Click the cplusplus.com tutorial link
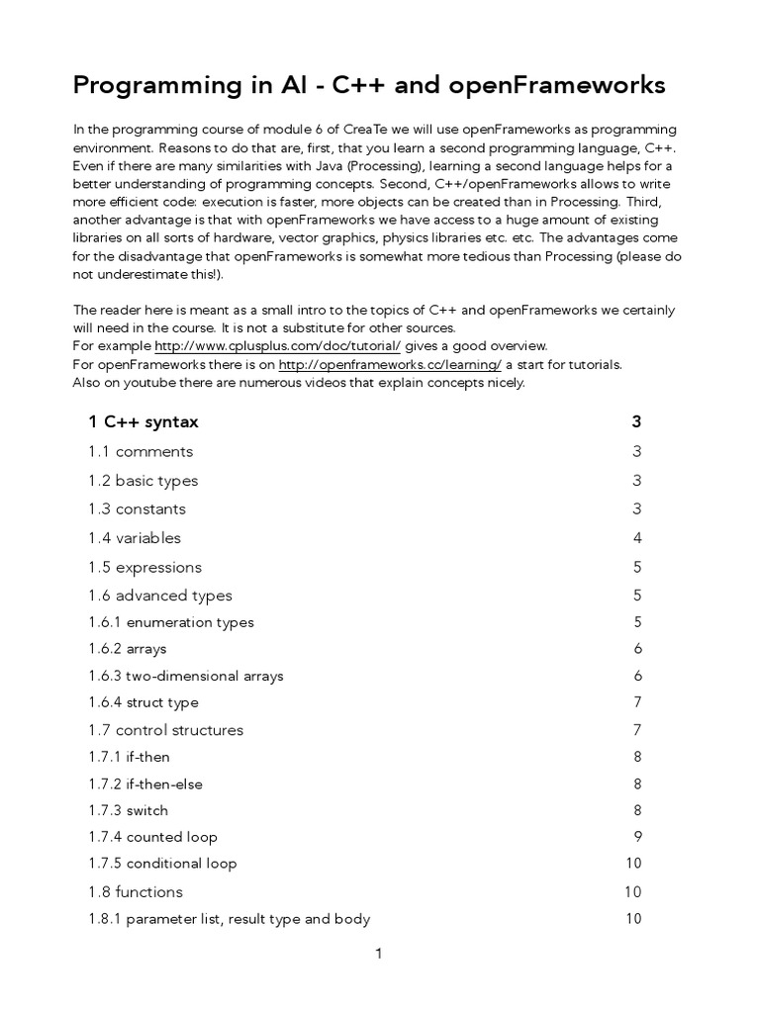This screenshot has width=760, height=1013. [277, 346]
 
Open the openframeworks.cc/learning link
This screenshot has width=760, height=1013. [390, 364]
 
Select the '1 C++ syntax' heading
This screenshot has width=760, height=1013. [143, 422]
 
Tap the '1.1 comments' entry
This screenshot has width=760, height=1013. [141, 452]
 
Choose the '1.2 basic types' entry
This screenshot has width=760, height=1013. [143, 481]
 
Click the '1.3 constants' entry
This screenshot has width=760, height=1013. [138, 509]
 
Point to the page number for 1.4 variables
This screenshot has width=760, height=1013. [637, 538]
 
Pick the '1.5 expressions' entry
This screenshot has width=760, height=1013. [145, 567]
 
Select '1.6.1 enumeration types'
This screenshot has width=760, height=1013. [171, 622]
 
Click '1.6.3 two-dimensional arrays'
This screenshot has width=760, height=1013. [186, 677]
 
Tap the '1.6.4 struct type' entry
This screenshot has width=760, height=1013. [143, 702]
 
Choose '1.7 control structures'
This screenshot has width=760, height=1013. [166, 730]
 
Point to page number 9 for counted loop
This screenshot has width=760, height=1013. [637, 837]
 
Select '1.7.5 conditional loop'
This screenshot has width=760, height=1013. [163, 864]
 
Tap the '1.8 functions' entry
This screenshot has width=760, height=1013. [136, 892]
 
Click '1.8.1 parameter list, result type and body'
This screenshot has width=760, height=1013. [230, 919]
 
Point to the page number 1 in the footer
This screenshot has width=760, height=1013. [378, 955]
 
